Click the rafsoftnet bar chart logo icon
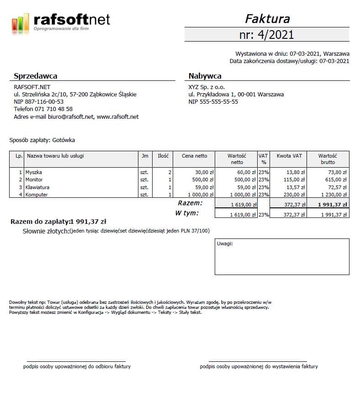pyautogui.click(x=21, y=22)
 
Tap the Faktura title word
pyautogui.click(x=267, y=19)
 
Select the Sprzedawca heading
pyautogui.click(x=35, y=76)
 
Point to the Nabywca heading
pyautogui.click(x=205, y=76)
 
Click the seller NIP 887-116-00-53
pyautogui.click(x=38, y=102)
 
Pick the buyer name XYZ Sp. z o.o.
pyautogui.click(x=206, y=87)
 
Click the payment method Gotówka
pyautogui.click(x=64, y=140)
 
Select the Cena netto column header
pyautogui.click(x=194, y=156)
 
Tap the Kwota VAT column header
pyautogui.click(x=289, y=156)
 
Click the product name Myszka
pyautogui.click(x=34, y=173)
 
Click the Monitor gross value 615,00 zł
pyautogui.click(x=334, y=180)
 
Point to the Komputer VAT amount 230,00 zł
pyautogui.click(x=293, y=195)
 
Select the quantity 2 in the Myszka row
pyautogui.click(x=169, y=173)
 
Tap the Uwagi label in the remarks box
pyautogui.click(x=225, y=243)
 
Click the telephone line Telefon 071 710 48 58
pyautogui.click(x=43, y=109)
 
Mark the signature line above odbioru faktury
pyautogui.click(x=76, y=361)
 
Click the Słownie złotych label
pyautogui.click(x=46, y=231)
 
